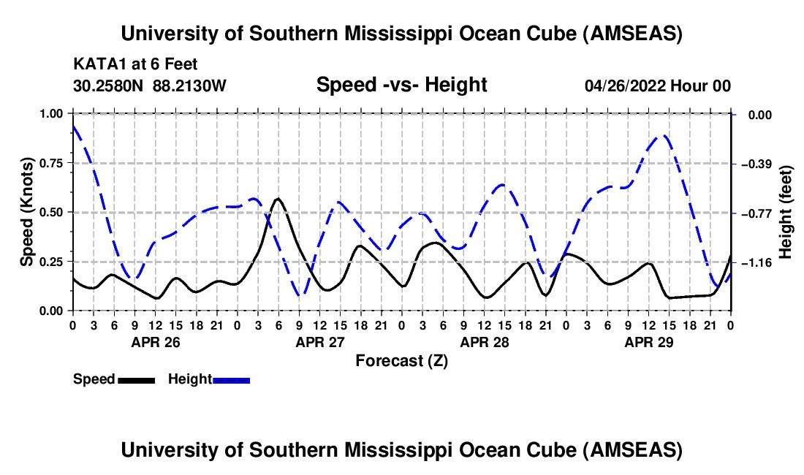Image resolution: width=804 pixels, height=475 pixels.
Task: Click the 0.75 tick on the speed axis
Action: coord(53,163)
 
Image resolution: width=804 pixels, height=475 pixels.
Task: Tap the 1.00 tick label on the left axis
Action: coord(53,114)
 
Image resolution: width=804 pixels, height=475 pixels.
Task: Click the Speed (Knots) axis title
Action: coord(27,212)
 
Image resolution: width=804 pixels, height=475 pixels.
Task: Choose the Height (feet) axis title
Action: coord(786,213)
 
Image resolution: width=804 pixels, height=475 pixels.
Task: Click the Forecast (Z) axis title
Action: coord(401,360)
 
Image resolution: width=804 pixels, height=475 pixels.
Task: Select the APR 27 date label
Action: coord(319,342)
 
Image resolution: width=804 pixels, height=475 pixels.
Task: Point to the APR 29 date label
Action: coord(648,342)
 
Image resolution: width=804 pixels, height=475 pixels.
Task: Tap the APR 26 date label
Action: coord(155,342)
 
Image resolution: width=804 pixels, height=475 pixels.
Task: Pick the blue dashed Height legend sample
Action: coord(232,379)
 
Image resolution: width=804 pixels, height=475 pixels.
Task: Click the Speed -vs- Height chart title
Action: coord(401,85)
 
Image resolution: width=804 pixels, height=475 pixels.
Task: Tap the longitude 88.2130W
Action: coord(189,85)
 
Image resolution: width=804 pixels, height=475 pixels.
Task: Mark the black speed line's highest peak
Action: coord(278,198)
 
